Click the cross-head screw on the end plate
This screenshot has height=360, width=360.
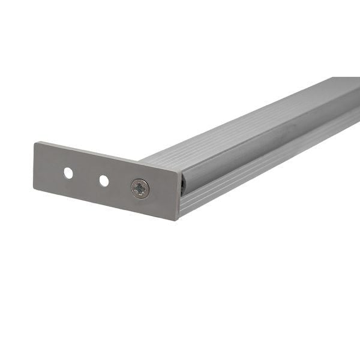tap(140, 189)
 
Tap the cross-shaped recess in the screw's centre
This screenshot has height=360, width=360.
tap(140, 189)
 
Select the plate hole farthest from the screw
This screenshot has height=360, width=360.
tap(68, 173)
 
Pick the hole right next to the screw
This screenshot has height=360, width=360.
tap(104, 180)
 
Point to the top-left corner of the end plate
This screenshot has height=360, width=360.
tap(35, 143)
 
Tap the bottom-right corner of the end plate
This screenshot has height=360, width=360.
tap(178, 220)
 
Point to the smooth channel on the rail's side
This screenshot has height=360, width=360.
tap(270, 143)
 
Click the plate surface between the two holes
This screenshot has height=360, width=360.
tap(86, 176)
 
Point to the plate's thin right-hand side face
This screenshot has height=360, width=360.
tap(180, 196)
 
